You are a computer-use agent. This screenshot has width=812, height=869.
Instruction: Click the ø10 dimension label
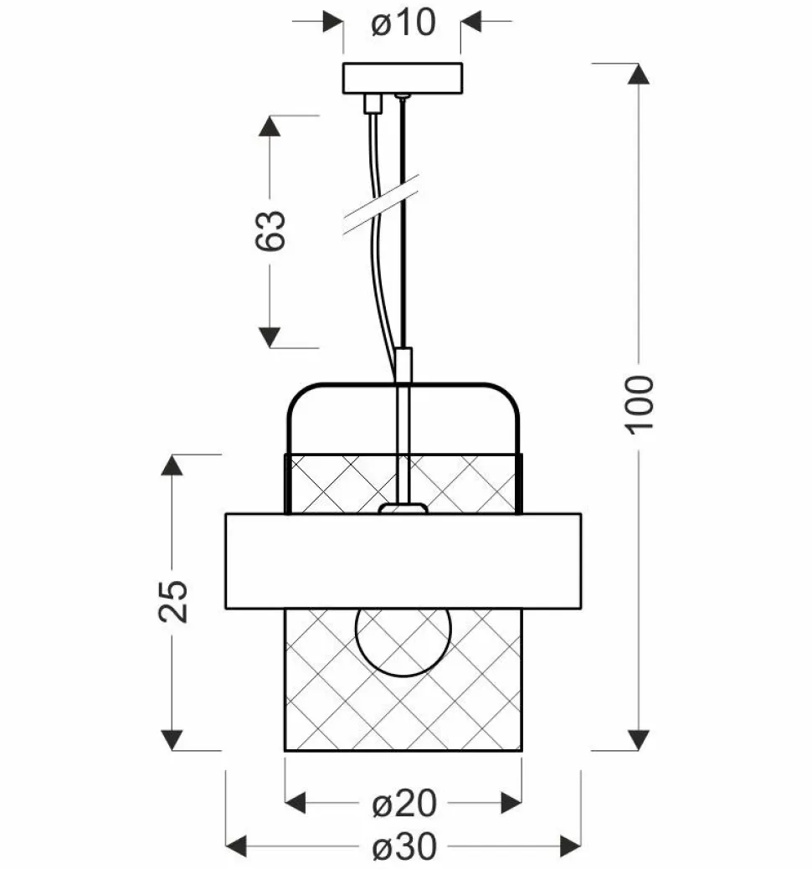403,23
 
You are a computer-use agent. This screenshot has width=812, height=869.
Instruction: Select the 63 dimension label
270,230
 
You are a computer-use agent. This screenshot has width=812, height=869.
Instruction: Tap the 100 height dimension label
640,404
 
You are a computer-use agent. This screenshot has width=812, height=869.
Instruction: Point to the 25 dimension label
173,601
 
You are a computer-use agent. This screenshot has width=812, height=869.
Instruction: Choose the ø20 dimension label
404,803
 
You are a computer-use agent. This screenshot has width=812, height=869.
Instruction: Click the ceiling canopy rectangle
403,78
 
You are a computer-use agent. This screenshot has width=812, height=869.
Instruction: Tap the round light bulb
403,642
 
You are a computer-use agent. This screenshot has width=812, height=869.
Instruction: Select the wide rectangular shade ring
403,561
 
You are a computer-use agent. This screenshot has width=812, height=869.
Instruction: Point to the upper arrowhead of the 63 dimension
270,126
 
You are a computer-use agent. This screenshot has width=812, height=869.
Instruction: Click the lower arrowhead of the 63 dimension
270,337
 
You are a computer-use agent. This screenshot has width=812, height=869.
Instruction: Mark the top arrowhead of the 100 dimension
639,74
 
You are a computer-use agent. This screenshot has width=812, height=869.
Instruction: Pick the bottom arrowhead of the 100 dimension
639,740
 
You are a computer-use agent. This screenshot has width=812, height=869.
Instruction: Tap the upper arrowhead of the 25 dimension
172,465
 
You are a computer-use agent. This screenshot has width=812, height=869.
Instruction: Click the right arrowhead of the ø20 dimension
511,803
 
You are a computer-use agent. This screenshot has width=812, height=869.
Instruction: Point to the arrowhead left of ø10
332,22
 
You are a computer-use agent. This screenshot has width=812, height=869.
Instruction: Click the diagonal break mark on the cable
381,204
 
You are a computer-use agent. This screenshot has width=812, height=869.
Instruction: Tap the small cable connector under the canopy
373,104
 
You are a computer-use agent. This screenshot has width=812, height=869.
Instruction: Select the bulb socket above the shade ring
403,508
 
